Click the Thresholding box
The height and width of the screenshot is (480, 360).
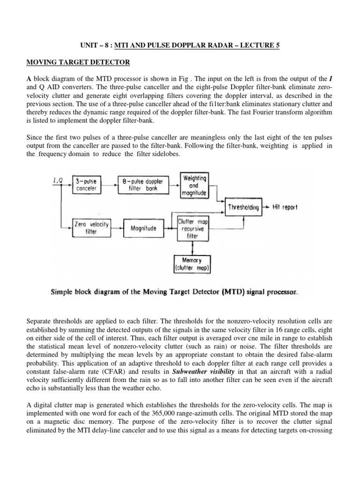pyautogui.click(x=244, y=207)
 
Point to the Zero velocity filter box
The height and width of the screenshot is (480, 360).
pyautogui.click(x=91, y=228)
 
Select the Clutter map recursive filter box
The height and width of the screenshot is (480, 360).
pyautogui.click(x=193, y=228)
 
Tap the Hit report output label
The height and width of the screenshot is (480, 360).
pyautogui.click(x=285, y=207)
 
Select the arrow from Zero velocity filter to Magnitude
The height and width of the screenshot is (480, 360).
pyautogui.click(x=116, y=228)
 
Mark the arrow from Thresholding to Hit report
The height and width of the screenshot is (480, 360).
pyautogui.click(x=266, y=207)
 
